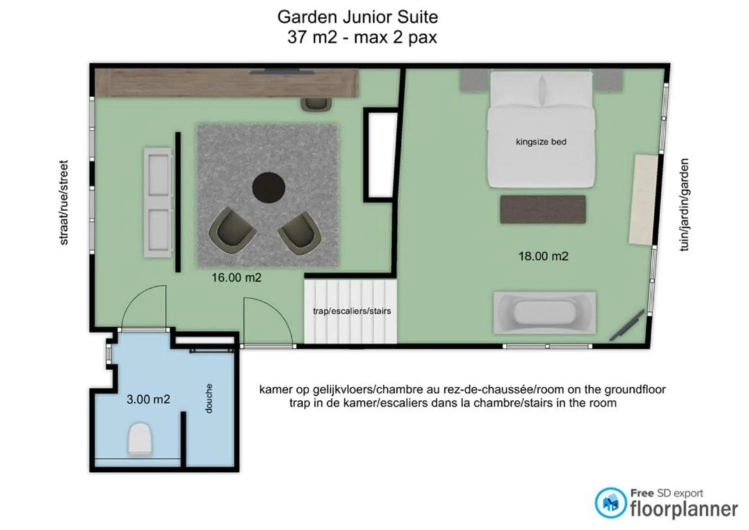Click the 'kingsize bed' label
coord(541,142)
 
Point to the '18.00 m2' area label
coord(544,256)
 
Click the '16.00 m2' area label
coord(236,278)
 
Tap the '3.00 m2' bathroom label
coord(149,399)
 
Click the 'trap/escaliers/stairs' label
coord(352,311)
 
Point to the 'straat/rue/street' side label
coord(64,203)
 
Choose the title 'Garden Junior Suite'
coord(358,17)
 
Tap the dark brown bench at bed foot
coord(543,210)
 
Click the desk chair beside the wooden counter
coord(316,105)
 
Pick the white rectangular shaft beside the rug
coord(380,155)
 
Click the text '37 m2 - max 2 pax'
coord(362,37)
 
